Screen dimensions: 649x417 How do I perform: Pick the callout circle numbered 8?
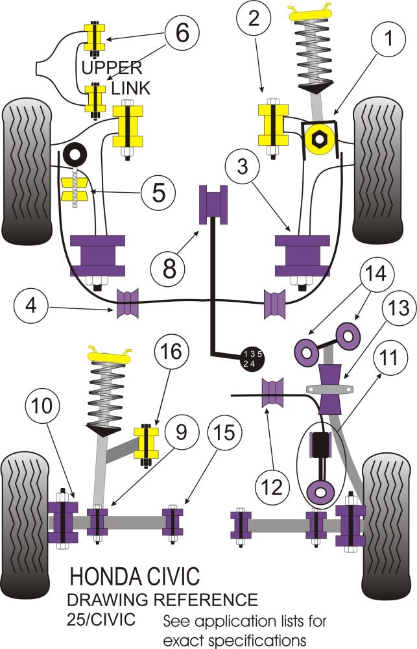(x=169, y=267)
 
